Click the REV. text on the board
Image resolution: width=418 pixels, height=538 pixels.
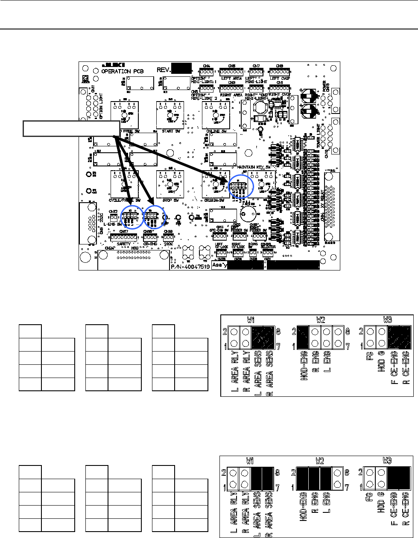(x=164, y=69)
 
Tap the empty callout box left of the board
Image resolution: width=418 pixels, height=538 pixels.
(x=71, y=128)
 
